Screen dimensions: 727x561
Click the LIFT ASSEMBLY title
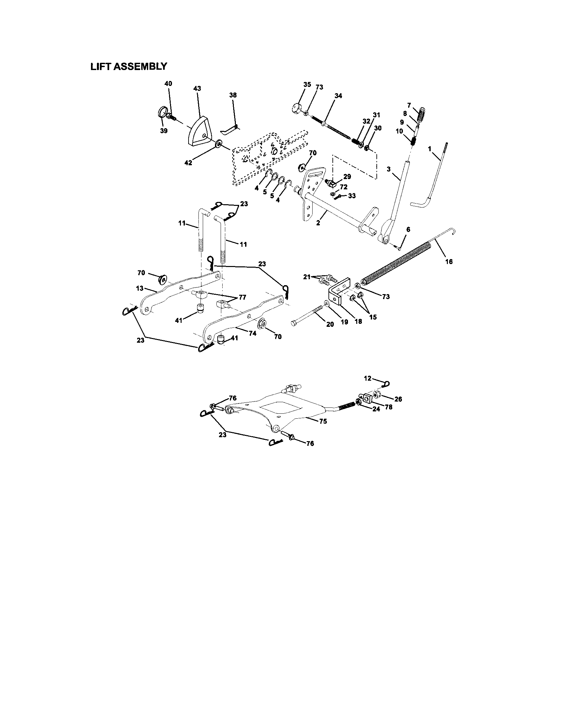click(129, 66)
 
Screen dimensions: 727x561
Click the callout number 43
click(197, 89)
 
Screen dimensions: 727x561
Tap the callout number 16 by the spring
click(449, 262)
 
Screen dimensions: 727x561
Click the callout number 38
click(233, 95)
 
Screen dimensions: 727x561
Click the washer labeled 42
click(219, 143)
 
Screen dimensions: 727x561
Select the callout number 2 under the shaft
click(318, 223)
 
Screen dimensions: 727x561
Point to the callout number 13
click(140, 288)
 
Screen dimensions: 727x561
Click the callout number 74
click(252, 333)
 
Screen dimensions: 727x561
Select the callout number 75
click(322, 421)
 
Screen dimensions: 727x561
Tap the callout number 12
click(367, 378)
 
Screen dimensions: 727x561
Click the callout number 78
click(388, 407)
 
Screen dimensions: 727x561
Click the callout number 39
click(163, 131)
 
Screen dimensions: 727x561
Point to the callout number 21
click(307, 277)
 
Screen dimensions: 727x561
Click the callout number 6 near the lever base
click(408, 230)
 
